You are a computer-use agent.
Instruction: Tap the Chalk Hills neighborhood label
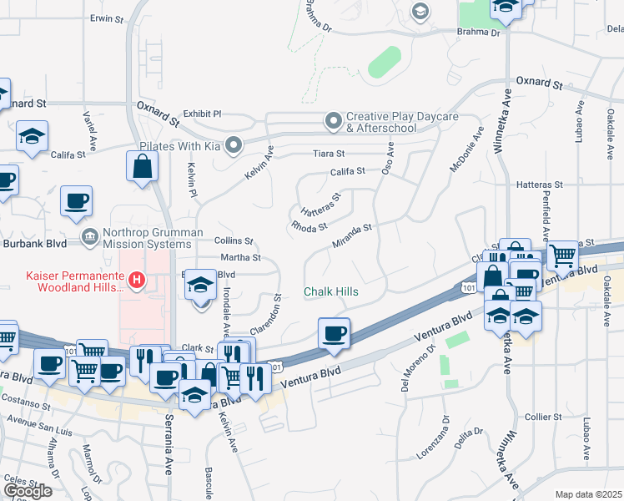click(330, 292)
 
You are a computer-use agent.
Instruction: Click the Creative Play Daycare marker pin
click(334, 122)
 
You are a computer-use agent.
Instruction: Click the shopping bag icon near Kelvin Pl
click(143, 165)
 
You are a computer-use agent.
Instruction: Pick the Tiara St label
click(329, 154)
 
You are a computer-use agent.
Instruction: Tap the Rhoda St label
click(309, 225)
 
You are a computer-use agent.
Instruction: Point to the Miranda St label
click(351, 235)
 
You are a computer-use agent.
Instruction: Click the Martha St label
click(240, 258)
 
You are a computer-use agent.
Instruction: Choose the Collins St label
click(234, 240)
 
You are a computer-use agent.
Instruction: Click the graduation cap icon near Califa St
click(32, 136)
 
